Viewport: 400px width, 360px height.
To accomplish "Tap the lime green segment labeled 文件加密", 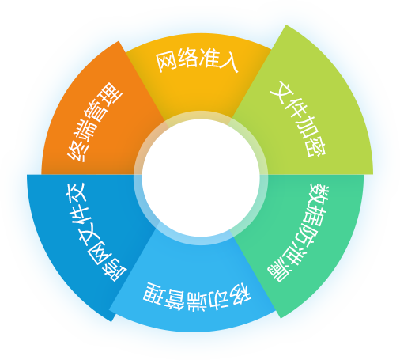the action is pos(303,111).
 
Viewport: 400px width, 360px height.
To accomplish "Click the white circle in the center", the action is pos(201,178).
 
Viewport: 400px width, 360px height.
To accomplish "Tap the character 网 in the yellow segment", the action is pos(166,63).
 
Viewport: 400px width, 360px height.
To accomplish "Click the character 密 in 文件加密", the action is pos(316,147).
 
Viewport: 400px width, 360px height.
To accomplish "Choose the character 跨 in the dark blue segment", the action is pos(115,271).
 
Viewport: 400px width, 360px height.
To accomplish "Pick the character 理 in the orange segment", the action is pos(112,94).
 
